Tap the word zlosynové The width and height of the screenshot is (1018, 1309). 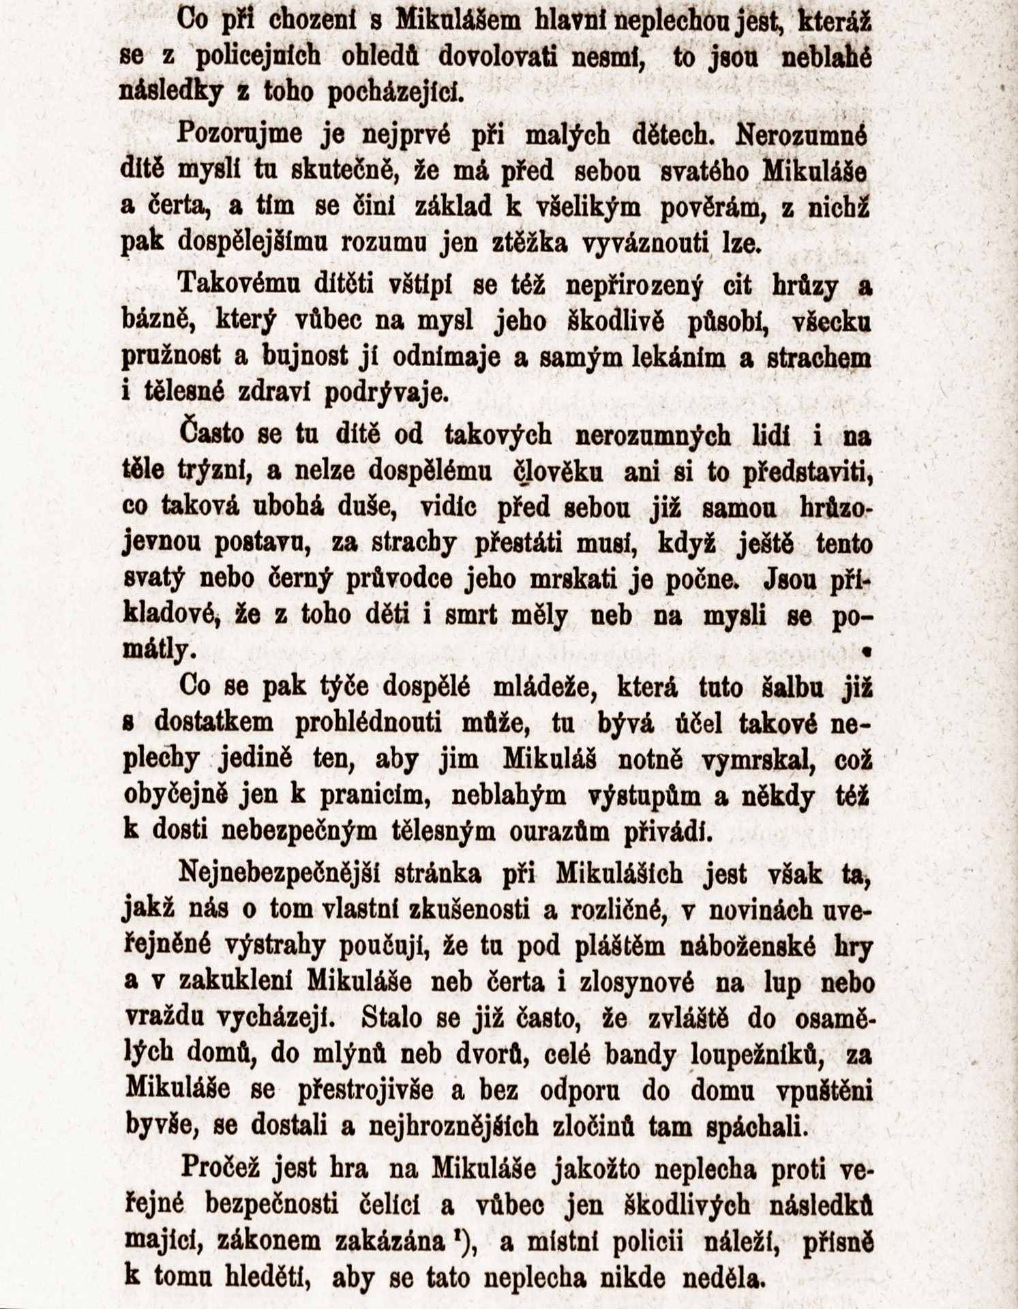(x=638, y=982)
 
